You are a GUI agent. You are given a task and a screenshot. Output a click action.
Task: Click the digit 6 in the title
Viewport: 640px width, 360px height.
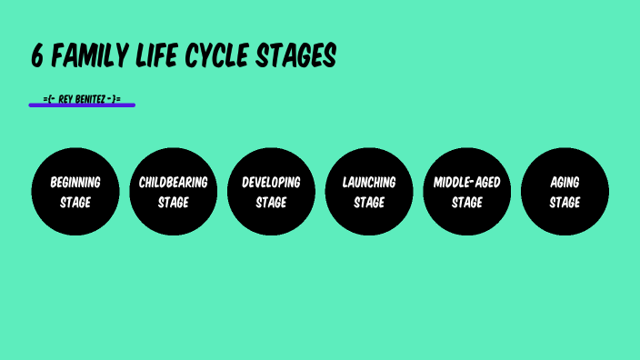pos(36,57)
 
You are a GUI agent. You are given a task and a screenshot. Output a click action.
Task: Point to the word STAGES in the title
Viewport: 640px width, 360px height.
pos(294,57)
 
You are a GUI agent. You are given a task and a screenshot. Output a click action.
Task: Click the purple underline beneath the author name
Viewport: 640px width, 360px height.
pos(82,105)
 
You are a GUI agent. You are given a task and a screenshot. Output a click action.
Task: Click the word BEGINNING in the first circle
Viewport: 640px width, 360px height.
pos(75,182)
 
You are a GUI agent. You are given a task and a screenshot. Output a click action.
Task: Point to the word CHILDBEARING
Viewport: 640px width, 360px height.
pos(173,182)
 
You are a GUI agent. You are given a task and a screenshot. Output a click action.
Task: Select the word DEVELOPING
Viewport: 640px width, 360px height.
pos(271,182)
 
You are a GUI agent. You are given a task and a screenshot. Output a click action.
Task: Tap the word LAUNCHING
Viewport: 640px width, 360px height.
pos(369,182)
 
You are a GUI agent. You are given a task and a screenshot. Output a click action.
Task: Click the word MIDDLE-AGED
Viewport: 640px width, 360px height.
pos(467,182)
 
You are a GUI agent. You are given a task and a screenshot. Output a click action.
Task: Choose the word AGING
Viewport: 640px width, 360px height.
pos(565,182)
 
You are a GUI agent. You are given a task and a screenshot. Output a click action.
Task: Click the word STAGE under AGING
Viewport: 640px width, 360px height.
pos(565,202)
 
